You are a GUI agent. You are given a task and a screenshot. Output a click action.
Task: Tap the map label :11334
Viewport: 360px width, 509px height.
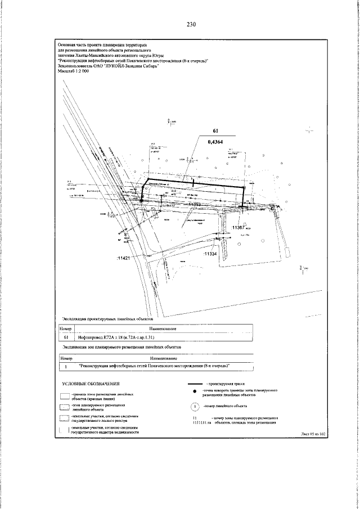pyautogui.click(x=210, y=254)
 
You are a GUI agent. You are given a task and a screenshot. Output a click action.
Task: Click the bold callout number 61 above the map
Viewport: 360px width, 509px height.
pyautogui.click(x=215, y=132)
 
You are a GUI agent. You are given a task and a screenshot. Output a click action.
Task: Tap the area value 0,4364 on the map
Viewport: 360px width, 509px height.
pyautogui.click(x=215, y=142)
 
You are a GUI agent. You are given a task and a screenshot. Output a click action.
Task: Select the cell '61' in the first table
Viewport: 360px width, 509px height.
pyautogui.click(x=66, y=338)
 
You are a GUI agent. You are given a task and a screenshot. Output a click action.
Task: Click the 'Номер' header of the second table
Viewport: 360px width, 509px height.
pyautogui.click(x=67, y=357)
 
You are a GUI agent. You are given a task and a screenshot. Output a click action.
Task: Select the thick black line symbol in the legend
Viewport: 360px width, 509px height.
pyautogui.click(x=194, y=382)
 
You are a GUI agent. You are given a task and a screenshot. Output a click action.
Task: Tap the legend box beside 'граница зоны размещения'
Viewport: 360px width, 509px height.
pyautogui.click(x=65, y=396)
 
